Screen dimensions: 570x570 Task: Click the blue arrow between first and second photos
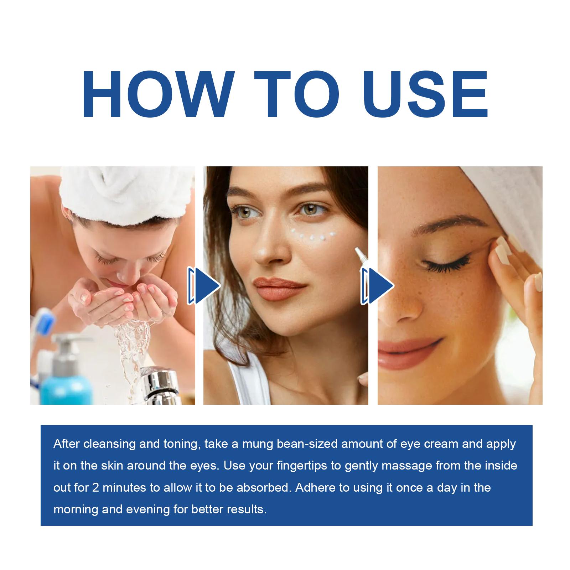click(204, 286)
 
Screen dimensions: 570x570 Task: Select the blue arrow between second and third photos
click(378, 286)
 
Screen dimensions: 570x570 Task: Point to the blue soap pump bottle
click(66, 370)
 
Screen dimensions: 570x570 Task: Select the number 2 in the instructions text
click(95, 487)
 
